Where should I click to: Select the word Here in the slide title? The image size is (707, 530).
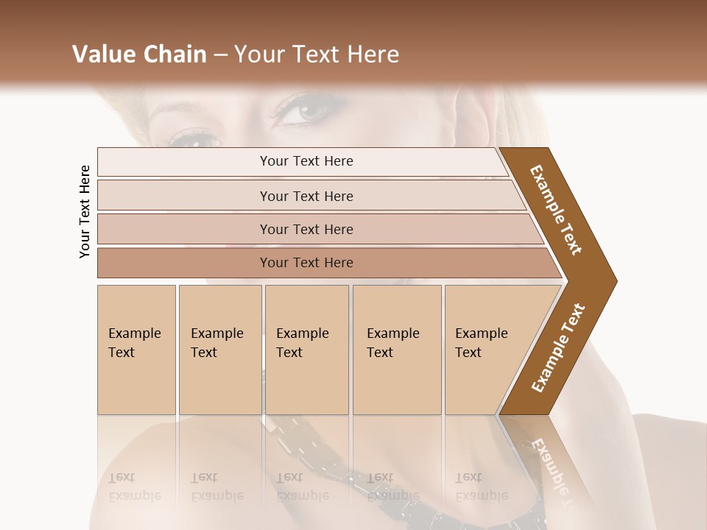pyautogui.click(x=373, y=54)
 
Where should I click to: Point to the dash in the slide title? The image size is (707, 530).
pyautogui.click(x=220, y=55)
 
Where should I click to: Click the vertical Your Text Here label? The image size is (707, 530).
pyautogui.click(x=85, y=212)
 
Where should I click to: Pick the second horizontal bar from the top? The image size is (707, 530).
pyautogui.click(x=306, y=196)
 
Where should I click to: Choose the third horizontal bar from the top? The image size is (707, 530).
pyautogui.click(x=306, y=229)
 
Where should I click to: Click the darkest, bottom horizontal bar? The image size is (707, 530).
pyautogui.click(x=306, y=263)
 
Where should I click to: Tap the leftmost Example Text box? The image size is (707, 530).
pyautogui.click(x=136, y=350)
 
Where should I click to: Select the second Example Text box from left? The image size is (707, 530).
pyautogui.click(x=220, y=350)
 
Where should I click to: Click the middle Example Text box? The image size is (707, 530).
pyautogui.click(x=306, y=350)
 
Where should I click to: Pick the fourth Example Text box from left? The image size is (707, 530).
pyautogui.click(x=397, y=350)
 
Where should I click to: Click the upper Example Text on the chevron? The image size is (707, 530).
pyautogui.click(x=557, y=211)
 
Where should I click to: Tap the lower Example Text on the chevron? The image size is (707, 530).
pyautogui.click(x=558, y=347)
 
